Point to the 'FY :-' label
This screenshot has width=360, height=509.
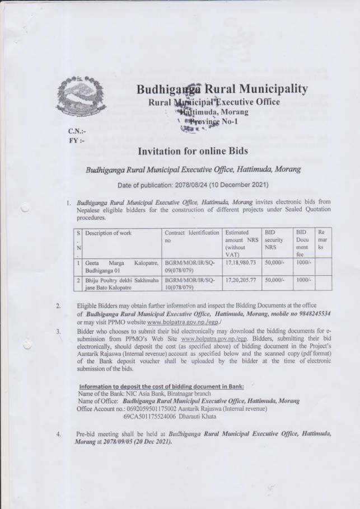click(x=74, y=140)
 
